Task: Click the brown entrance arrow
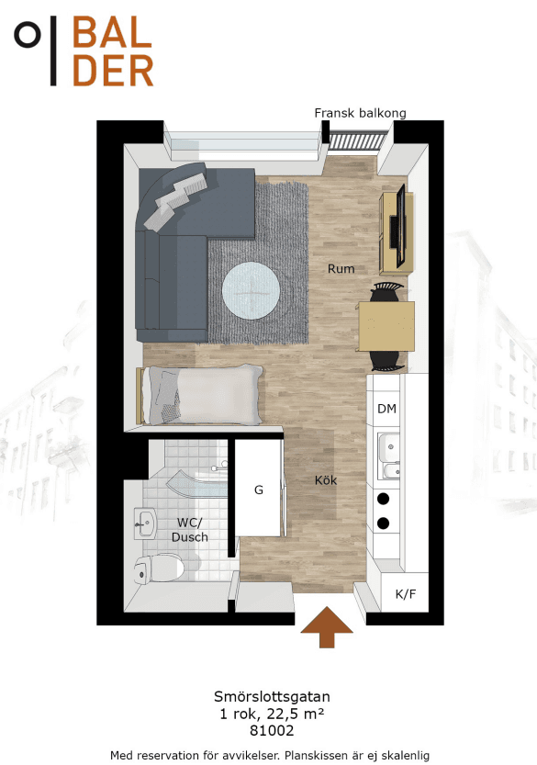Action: coord(326,627)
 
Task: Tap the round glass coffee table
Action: coord(251,291)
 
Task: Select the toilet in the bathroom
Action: coord(159,568)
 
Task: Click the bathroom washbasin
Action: coord(145,523)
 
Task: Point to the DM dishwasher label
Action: coord(386,409)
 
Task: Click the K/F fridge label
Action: coord(406,594)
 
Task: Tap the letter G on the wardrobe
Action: coord(259,489)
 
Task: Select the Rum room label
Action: coord(341,268)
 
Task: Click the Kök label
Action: coord(326,480)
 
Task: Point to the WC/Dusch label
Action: coord(190,530)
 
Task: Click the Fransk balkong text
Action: coord(360,113)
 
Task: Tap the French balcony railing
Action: coord(357,141)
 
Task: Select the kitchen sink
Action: coord(389,456)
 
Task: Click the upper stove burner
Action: coord(384,499)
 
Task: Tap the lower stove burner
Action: coord(384,523)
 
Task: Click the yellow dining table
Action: coord(386,326)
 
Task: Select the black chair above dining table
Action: coord(386,292)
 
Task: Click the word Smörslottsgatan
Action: coord(272,697)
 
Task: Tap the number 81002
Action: coord(272,730)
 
